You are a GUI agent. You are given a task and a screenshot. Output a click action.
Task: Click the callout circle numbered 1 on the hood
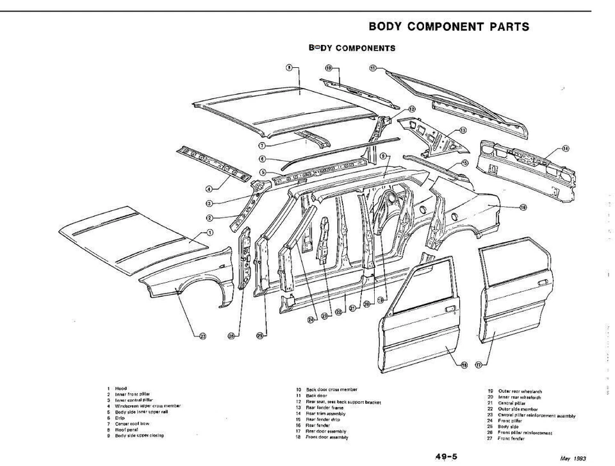[x=210, y=233]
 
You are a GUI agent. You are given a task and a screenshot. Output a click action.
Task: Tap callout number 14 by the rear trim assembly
[x=565, y=149]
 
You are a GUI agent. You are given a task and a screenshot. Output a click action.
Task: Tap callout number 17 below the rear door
[x=478, y=365]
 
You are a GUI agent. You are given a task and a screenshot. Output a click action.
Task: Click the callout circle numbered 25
[x=261, y=334]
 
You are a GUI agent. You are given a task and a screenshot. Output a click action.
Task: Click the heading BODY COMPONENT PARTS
[x=449, y=27]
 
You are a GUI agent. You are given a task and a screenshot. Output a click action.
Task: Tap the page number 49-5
[x=446, y=456]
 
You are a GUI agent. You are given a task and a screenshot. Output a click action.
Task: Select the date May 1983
[x=573, y=458]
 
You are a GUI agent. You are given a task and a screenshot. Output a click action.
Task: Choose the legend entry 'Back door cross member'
[x=331, y=390]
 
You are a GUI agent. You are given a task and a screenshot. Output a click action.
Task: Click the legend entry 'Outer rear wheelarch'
[x=520, y=391]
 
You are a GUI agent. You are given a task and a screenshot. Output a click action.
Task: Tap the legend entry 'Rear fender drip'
[x=327, y=419]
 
